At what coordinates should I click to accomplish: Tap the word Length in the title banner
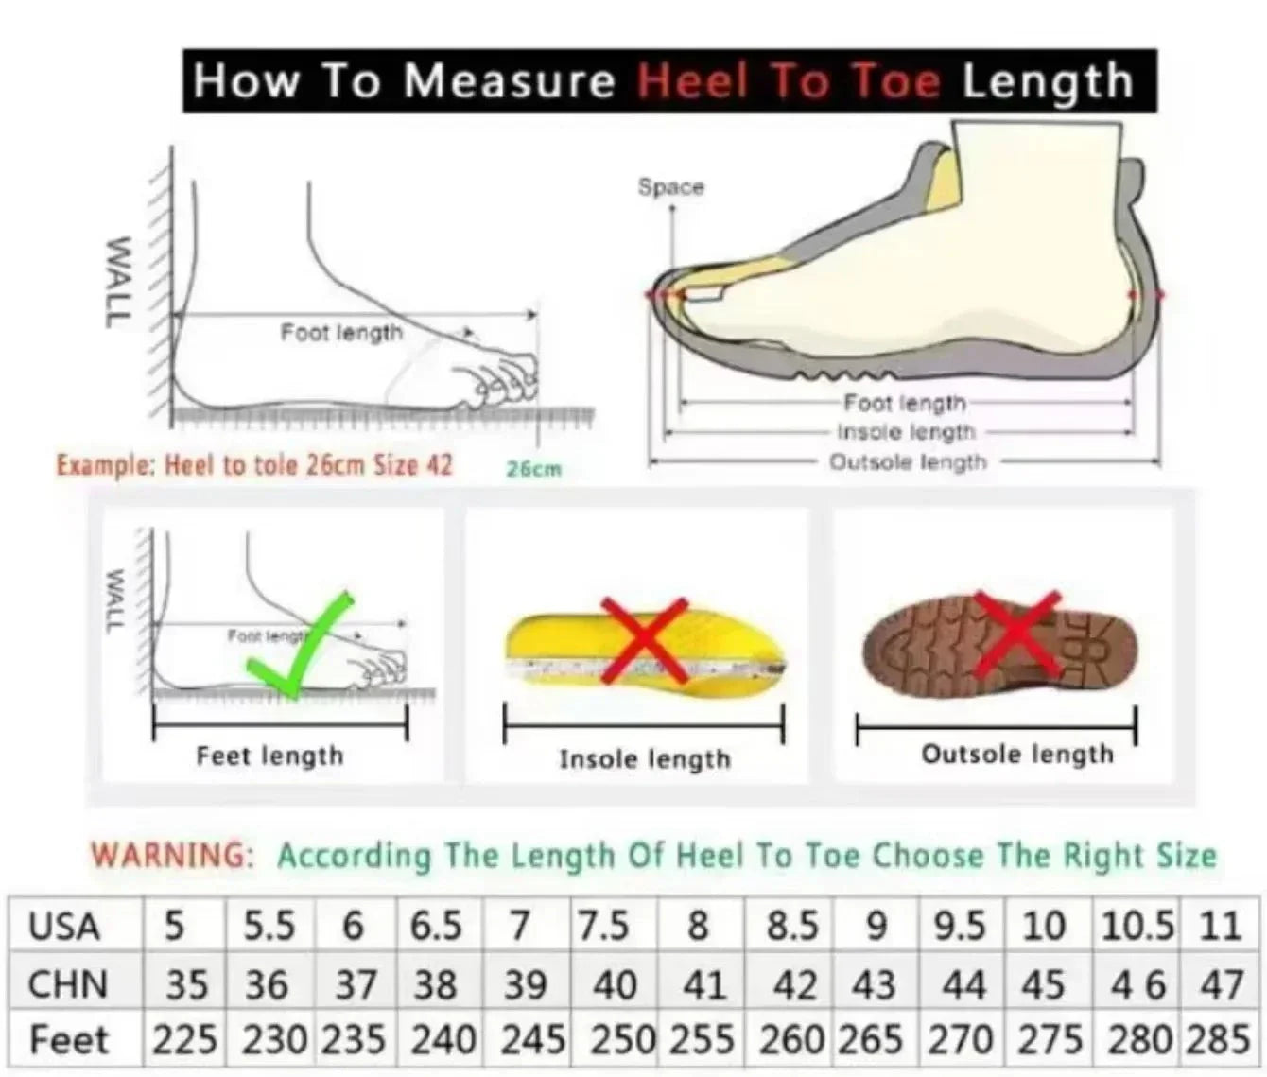[x=1048, y=81]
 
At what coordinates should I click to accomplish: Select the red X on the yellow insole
[x=644, y=639]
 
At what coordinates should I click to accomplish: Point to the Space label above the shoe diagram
[x=670, y=187]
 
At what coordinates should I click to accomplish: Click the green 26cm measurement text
[x=533, y=469]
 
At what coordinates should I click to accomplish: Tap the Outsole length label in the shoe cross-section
[x=907, y=462]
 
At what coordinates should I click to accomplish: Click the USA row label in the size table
[x=64, y=927]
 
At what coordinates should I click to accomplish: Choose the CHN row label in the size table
[x=67, y=985]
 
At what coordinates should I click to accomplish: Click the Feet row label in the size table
[x=69, y=1041]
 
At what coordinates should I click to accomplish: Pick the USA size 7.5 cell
[x=603, y=927]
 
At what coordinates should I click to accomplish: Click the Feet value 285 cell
[x=1219, y=1041]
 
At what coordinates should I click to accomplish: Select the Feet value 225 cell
[x=184, y=1041]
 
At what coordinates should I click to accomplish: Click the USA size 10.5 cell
[x=1137, y=927]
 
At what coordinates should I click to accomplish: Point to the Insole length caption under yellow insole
[x=645, y=759]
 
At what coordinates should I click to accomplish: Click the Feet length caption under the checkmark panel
[x=269, y=756]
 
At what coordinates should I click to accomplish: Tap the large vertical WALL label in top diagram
[x=116, y=282]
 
